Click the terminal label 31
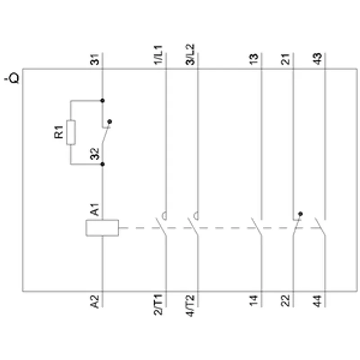[95, 59]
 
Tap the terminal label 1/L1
[158, 55]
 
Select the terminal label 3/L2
[190, 54]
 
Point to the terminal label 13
[254, 59]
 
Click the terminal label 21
[285, 59]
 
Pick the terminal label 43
[317, 59]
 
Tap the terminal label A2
[95, 301]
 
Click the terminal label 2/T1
[158, 305]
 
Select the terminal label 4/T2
[190, 306]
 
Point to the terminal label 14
[254, 301]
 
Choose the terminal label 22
[285, 301]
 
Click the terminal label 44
[317, 301]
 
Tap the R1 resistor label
[59, 132]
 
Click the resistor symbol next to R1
[71, 132]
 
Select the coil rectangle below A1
[102, 228]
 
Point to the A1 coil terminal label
[95, 210]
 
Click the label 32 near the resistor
[95, 153]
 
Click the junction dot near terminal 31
[103, 100]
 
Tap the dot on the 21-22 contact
[300, 214]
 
